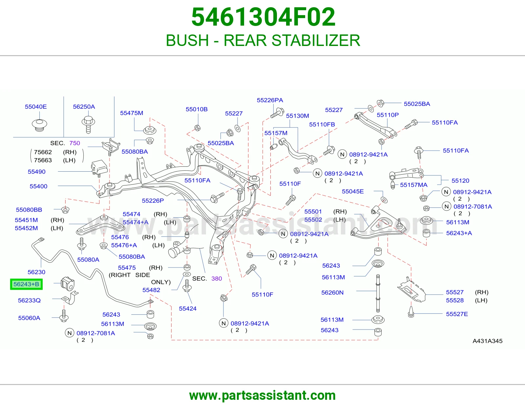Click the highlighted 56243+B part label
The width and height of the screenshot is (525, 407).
26,284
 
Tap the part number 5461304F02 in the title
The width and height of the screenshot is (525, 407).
263,17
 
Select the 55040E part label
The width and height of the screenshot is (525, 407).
36,107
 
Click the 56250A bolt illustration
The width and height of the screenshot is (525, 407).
88,124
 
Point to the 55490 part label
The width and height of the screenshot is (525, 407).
36,172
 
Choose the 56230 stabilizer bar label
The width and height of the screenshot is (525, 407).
36,272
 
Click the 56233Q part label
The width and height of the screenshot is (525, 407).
29,300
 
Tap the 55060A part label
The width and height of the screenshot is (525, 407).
29,318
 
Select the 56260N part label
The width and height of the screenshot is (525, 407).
332,292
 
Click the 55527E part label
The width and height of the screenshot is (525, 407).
457,314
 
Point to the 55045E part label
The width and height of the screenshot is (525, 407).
353,191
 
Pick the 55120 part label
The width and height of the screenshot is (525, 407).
460,181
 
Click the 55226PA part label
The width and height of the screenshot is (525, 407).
270,100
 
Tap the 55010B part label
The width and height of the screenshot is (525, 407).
197,109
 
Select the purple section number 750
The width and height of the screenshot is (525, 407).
75,143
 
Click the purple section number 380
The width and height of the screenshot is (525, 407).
217,278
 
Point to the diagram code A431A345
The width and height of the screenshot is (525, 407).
488,341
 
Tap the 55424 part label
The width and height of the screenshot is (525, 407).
188,309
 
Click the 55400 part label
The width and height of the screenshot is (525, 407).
38,186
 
